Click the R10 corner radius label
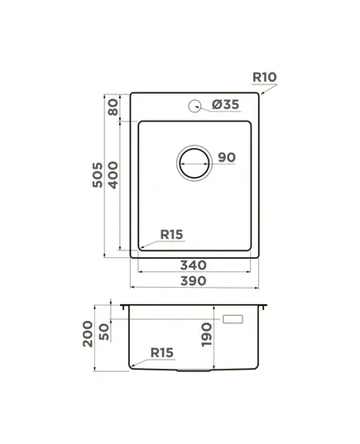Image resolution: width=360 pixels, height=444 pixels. click(265, 77)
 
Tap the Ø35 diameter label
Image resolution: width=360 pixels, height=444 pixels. click(226, 104)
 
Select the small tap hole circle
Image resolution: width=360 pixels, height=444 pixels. click(194, 106)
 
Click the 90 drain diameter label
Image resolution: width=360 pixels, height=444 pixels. click(227, 157)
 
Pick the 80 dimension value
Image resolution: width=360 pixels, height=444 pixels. click(113, 107)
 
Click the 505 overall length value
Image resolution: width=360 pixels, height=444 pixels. click(98, 174)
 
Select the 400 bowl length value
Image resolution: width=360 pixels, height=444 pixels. click(113, 175)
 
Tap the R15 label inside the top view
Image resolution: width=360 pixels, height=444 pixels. click(172, 235)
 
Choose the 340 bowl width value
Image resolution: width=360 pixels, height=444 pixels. click(194, 265)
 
